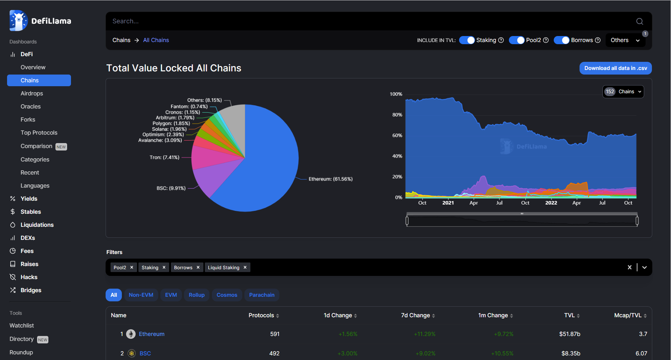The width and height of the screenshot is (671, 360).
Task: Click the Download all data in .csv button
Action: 615,68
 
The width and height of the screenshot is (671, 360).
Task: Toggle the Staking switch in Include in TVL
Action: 467,40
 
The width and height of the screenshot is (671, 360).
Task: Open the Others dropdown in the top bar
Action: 625,40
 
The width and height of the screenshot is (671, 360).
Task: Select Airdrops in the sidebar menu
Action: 32,93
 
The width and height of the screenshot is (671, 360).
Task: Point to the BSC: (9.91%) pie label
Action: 171,188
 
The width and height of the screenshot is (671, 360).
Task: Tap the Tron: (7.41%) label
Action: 164,158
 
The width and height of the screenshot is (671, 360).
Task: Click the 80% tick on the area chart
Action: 397,115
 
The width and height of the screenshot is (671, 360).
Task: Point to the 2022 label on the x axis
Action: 551,203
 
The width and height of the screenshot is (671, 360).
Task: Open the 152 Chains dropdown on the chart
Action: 623,92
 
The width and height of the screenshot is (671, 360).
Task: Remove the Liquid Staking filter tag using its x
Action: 245,267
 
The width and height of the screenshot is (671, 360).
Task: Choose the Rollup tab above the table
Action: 196,295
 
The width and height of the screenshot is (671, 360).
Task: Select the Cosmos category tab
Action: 227,295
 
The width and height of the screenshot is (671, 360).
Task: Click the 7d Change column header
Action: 415,315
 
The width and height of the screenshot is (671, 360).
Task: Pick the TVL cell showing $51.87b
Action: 569,334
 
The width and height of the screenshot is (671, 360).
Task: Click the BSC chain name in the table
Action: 145,353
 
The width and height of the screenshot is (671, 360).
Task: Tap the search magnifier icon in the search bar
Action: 639,22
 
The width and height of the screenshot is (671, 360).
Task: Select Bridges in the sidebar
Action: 31,290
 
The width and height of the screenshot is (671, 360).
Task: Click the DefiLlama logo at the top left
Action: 40,21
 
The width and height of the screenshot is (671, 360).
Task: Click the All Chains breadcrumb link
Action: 156,40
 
